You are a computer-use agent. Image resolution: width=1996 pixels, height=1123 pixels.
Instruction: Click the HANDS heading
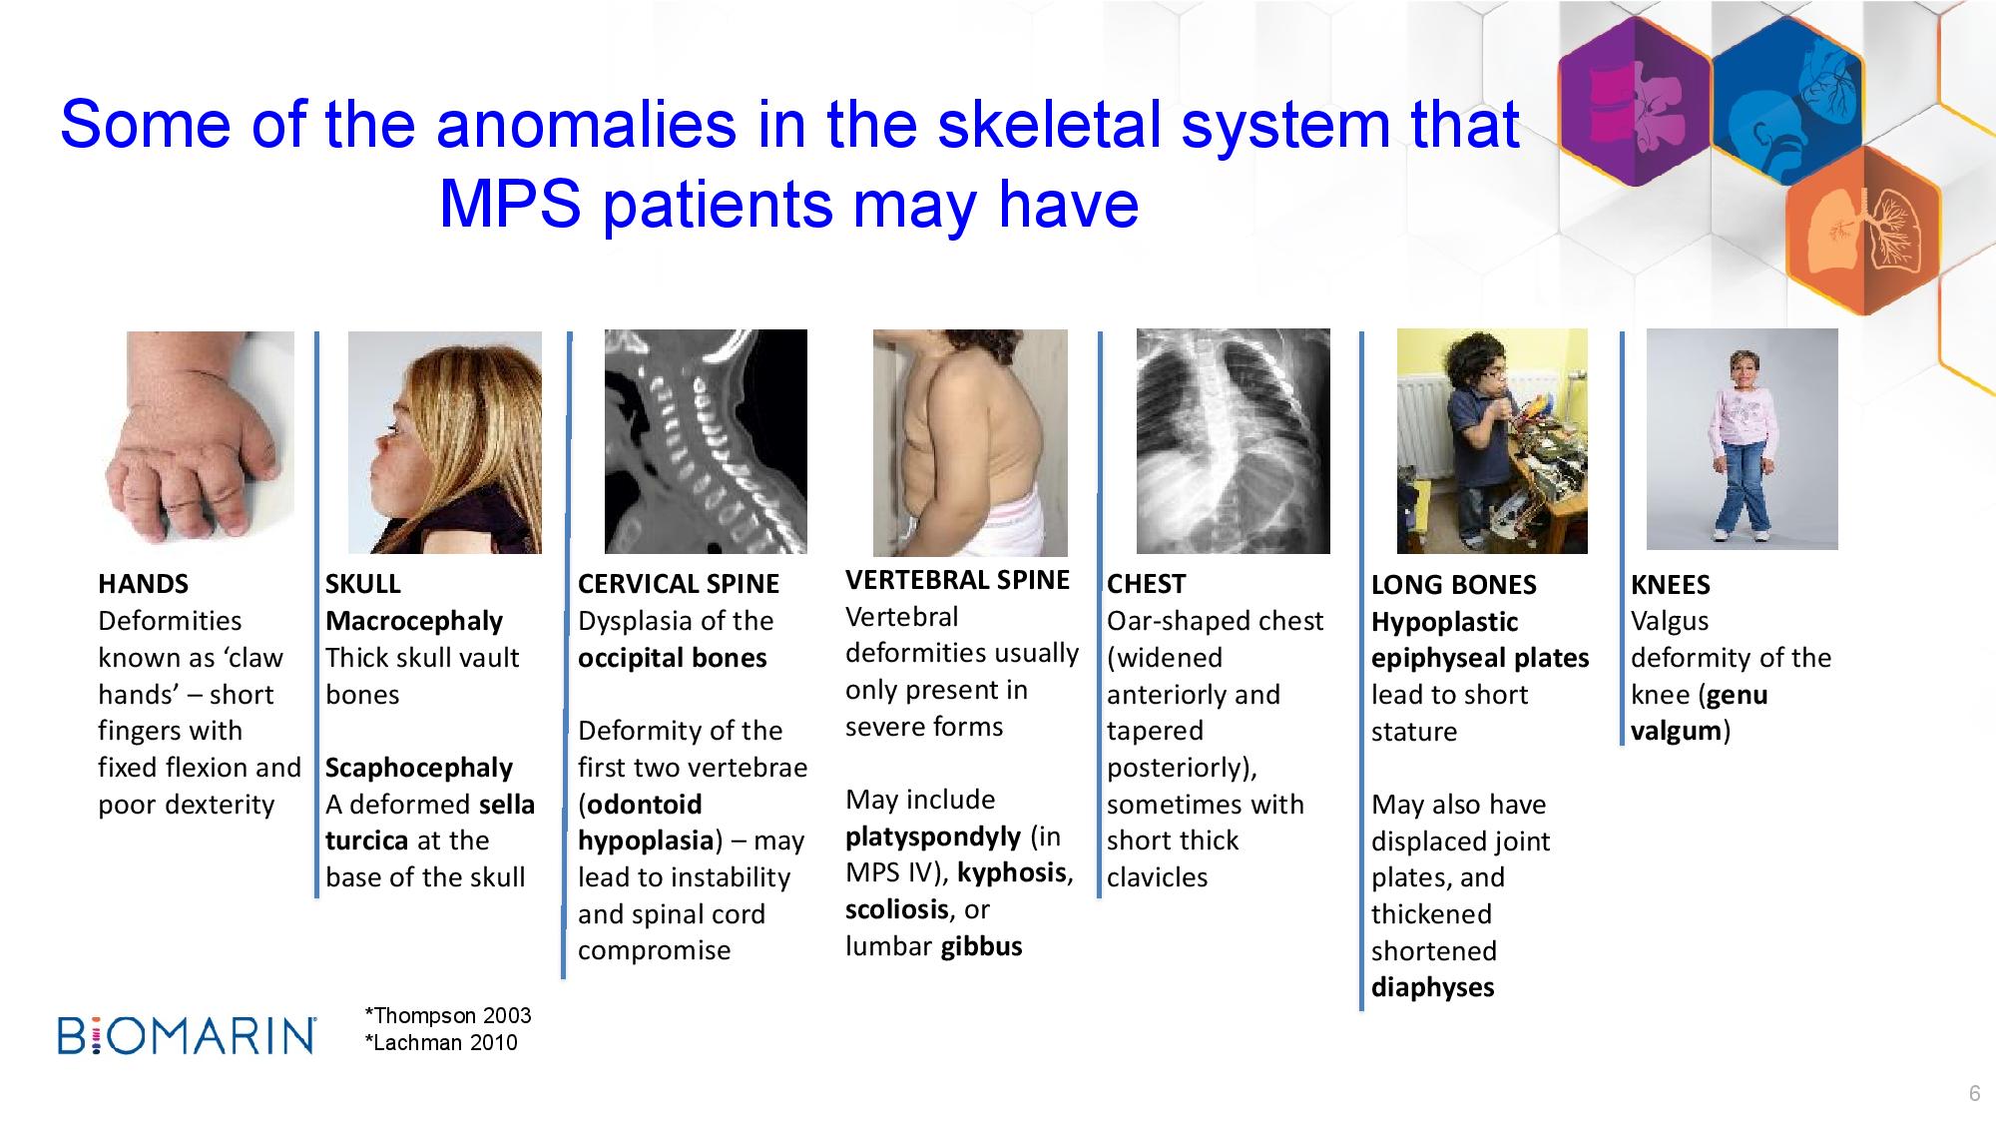143,584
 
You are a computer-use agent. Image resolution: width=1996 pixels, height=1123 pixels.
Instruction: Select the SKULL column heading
362,584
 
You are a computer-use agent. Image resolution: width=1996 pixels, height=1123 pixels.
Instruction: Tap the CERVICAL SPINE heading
679,584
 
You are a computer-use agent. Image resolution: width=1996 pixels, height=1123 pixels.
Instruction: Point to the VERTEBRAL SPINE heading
957,580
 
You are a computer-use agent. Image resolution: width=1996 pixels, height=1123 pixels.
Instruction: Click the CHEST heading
1146,584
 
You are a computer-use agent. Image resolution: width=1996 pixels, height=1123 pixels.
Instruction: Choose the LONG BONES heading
1453,585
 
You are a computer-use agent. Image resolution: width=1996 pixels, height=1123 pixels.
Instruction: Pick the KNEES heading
1670,585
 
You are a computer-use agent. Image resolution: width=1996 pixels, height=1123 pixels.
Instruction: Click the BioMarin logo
187,1036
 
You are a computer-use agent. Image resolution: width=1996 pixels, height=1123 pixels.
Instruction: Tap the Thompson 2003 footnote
448,1016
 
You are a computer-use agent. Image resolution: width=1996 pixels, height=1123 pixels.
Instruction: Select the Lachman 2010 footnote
441,1043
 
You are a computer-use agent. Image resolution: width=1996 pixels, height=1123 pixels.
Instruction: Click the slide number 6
1974,1094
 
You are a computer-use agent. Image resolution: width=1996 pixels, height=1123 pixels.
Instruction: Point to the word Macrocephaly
414,621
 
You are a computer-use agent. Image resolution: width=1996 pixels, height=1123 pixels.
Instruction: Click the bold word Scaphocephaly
419,768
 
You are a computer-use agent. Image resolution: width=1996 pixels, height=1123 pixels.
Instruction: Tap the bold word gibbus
981,946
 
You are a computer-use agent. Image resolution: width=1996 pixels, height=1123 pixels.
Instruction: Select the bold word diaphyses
1432,987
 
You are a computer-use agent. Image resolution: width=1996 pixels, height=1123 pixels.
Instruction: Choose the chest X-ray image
1233,441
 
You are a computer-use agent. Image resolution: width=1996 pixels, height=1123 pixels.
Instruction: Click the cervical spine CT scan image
706,441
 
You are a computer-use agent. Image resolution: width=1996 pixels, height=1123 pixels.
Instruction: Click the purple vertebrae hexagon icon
1635,103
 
